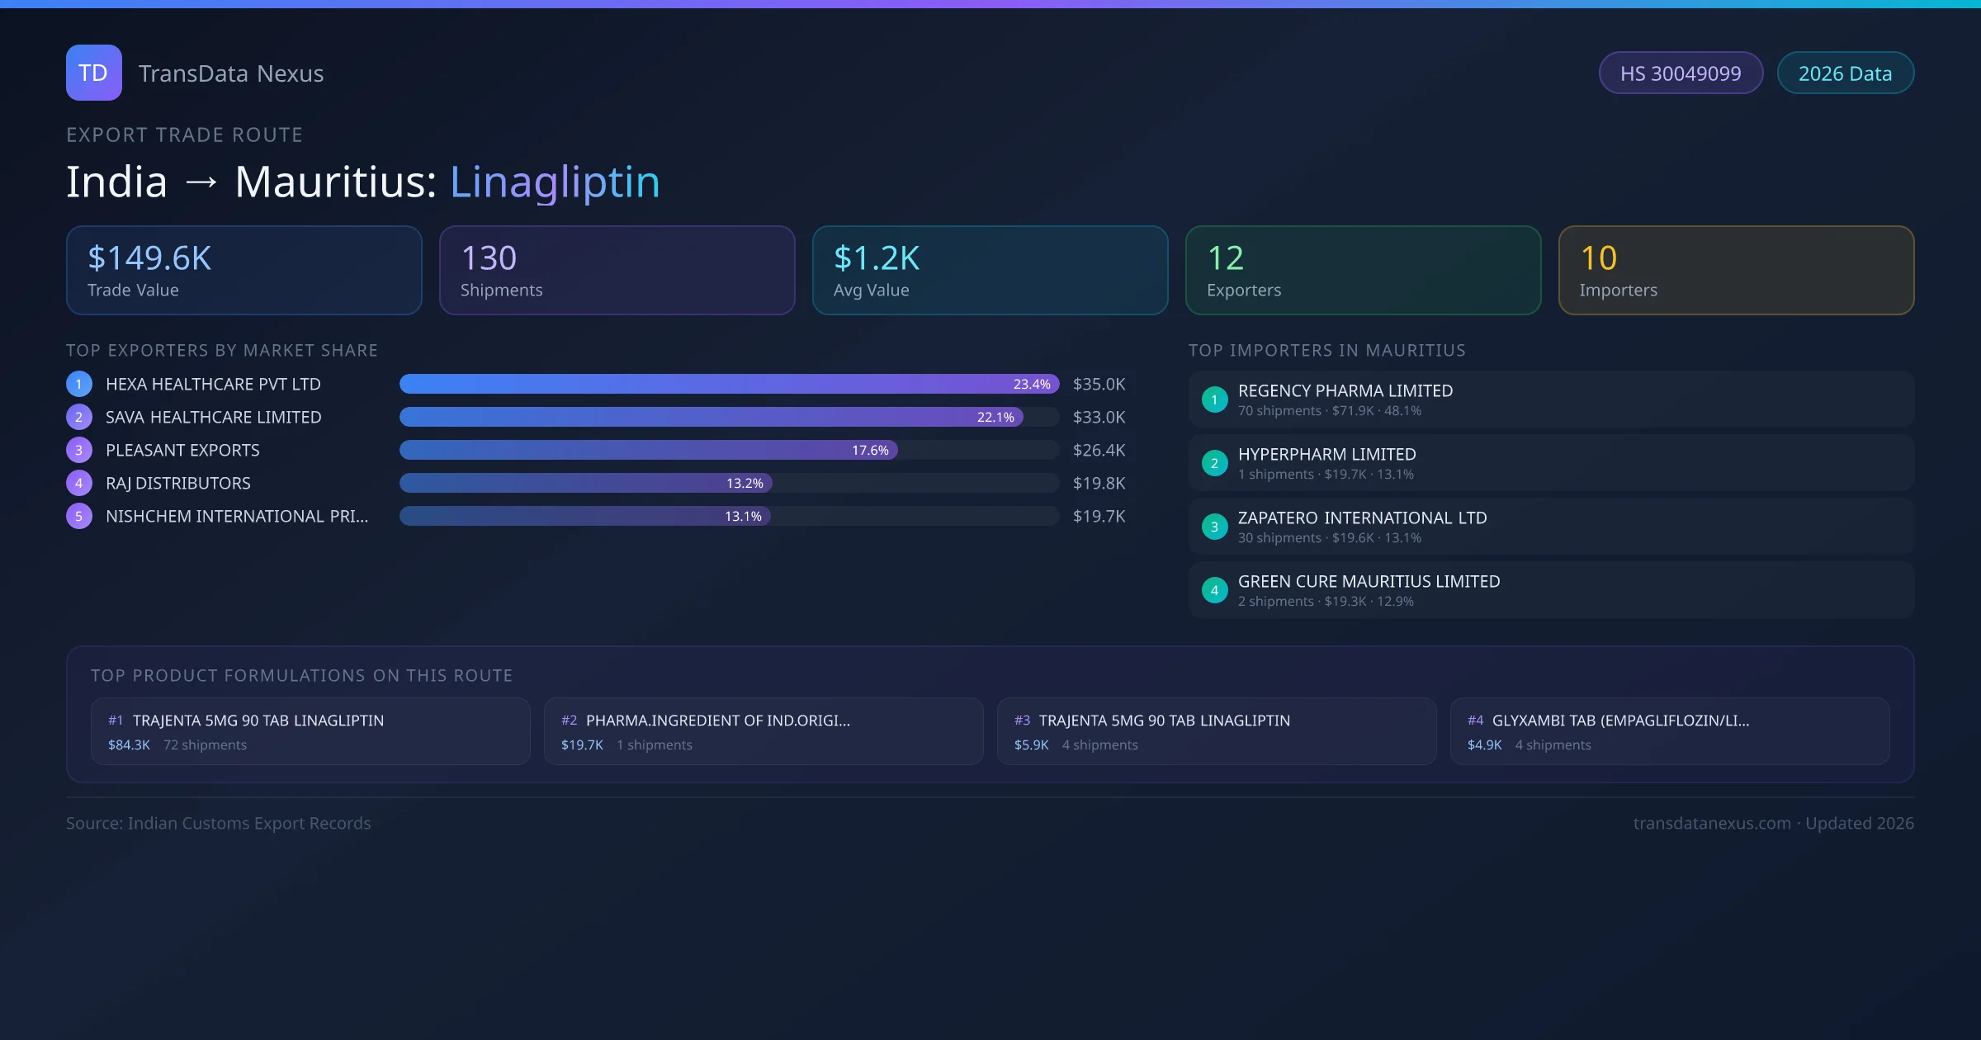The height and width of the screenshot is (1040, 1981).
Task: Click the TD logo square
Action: pos(94,73)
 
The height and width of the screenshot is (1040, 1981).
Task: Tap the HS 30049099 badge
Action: pos(1681,73)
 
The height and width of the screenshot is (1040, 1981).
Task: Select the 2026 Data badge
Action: pos(1845,73)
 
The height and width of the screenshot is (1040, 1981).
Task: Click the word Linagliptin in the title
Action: pos(555,182)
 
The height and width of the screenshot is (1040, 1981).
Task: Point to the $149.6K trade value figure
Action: pos(149,258)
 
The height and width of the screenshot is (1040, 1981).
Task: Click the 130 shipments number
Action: pos(489,258)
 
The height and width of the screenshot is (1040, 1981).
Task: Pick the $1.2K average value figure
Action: pos(877,258)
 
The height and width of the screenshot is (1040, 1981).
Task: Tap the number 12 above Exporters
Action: pos(1225,258)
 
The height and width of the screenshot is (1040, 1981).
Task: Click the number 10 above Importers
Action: pos(1598,258)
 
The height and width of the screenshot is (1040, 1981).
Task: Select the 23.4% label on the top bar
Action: pos(1032,384)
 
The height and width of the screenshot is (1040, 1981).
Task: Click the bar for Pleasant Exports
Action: pos(648,450)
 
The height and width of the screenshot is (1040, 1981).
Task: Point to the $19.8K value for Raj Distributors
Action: pos(1099,483)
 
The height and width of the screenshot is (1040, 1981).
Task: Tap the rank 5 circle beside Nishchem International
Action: pos(79,516)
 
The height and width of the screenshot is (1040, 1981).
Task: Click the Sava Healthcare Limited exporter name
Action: pos(213,417)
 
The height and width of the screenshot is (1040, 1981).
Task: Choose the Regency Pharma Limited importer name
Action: pos(1345,390)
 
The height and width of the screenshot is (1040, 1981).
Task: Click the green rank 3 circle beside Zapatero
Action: pos(1214,527)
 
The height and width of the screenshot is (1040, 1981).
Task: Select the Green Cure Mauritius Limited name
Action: pos(1369,581)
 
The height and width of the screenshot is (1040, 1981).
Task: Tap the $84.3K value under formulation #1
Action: pos(129,745)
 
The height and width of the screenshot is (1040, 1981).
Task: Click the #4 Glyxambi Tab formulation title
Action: pos(1619,720)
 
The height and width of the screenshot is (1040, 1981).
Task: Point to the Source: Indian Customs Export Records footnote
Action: pos(219,823)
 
